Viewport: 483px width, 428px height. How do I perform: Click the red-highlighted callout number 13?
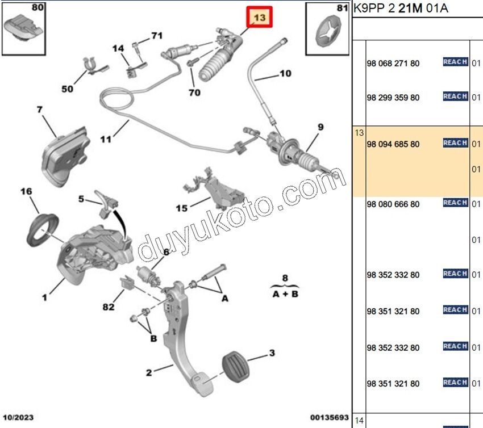pos(259,18)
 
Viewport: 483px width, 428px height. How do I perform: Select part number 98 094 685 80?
pos(393,144)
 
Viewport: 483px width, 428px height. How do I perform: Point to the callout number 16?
pos(27,192)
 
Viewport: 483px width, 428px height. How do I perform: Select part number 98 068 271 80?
pos(393,63)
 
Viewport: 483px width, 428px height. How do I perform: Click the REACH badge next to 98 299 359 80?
pos(455,96)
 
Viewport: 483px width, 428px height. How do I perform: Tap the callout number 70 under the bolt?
pos(194,93)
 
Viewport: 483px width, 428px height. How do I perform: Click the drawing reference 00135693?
pos(329,418)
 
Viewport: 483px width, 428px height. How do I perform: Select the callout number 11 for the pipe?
pos(105,139)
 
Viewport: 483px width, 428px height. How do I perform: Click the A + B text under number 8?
pos(285,294)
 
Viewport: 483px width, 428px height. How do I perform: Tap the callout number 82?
pos(109,307)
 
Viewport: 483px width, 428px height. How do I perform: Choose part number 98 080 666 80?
pos(393,204)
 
